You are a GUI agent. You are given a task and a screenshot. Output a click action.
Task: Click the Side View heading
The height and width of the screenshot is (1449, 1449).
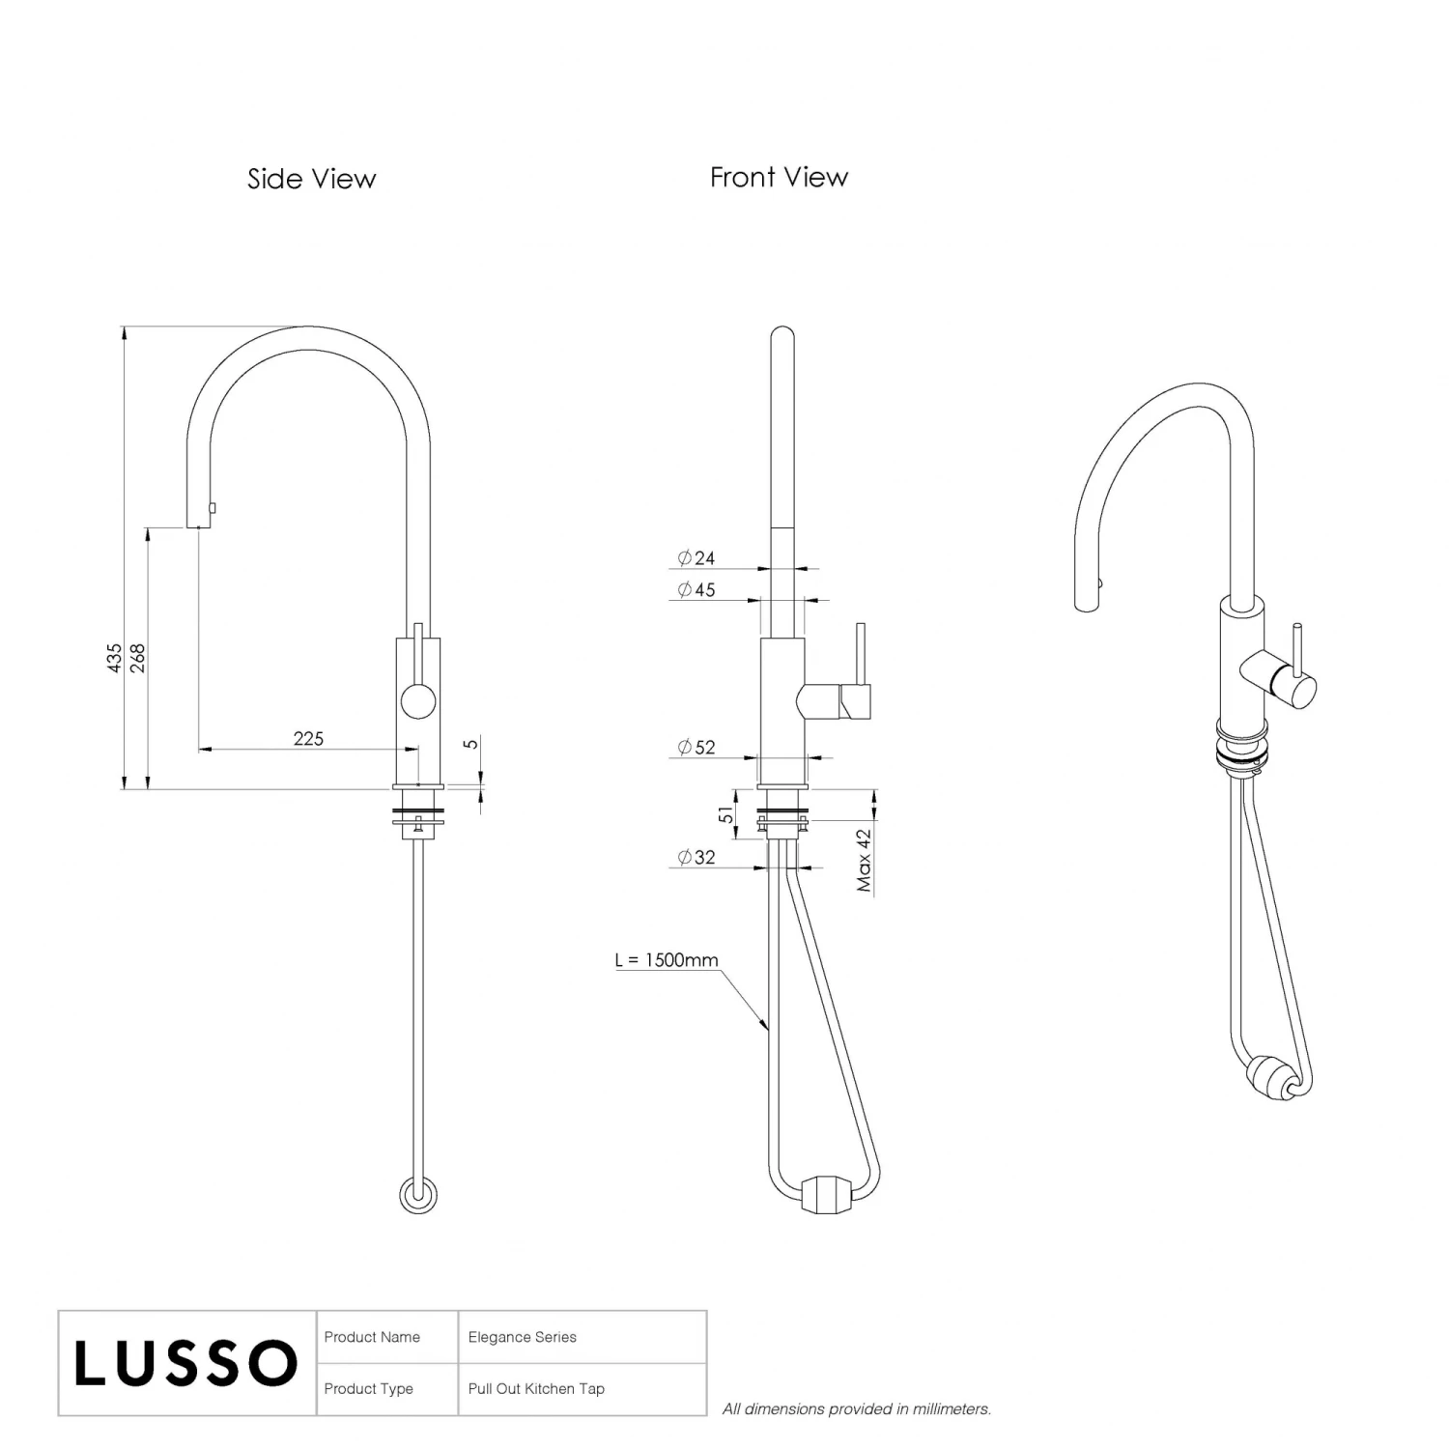(311, 179)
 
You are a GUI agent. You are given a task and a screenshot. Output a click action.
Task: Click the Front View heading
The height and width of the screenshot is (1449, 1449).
(779, 177)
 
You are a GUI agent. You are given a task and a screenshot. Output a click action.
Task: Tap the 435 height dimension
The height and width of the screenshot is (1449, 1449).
(115, 658)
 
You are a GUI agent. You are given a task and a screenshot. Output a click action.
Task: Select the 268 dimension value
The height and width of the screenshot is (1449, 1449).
(137, 658)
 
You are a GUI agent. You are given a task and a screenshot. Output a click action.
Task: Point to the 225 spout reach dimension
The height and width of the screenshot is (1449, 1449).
(308, 738)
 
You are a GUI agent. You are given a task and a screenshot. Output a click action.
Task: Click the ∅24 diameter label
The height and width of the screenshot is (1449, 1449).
(696, 557)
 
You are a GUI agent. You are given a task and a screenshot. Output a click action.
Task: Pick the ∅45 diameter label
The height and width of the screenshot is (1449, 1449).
(696, 589)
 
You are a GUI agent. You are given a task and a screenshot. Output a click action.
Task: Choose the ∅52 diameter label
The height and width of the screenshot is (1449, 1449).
(696, 747)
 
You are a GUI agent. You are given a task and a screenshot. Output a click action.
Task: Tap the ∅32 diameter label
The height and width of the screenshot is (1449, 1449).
(696, 857)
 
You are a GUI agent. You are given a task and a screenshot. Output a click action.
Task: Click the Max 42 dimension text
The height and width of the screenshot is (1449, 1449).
(864, 861)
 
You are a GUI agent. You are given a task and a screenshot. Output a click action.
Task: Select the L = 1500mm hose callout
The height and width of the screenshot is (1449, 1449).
(667, 960)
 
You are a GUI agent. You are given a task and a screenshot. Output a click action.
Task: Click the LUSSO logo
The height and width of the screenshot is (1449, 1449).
(185, 1363)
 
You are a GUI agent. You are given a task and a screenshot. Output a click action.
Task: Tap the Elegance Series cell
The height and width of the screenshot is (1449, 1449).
(522, 1337)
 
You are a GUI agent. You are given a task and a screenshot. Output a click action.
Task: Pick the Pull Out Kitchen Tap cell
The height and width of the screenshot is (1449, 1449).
(536, 1389)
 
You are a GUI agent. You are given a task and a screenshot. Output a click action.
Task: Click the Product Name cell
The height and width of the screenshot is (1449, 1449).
(372, 1337)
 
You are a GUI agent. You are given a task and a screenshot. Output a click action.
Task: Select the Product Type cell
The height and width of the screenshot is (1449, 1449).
(368, 1389)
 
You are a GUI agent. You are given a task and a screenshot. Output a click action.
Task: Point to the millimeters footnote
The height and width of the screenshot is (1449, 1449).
(857, 1409)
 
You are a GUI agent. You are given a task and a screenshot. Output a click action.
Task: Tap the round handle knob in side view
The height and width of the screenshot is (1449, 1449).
(418, 699)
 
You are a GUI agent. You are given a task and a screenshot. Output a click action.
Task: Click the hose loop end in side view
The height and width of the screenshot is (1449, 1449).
(418, 1195)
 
